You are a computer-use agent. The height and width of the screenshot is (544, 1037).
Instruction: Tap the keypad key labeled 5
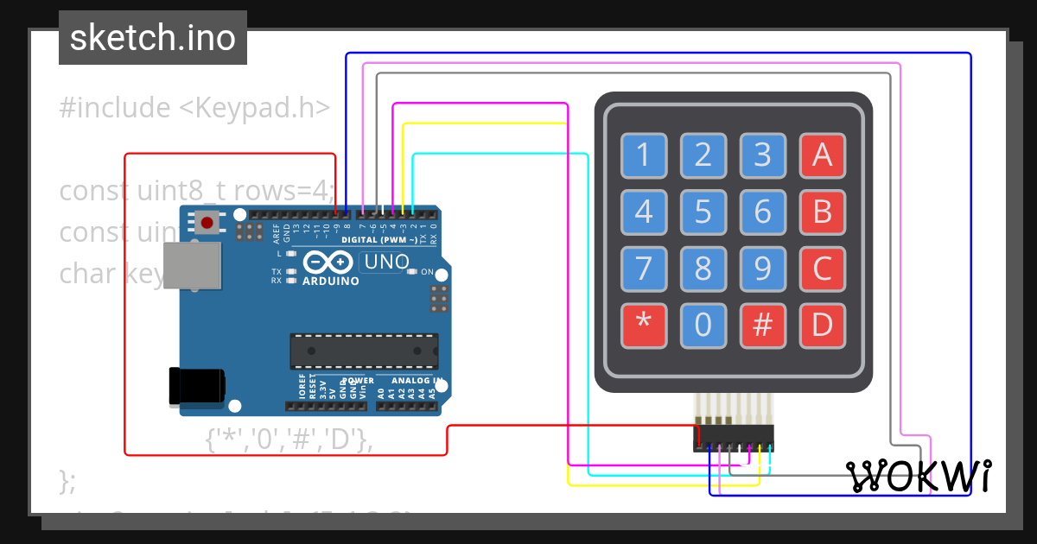point(703,212)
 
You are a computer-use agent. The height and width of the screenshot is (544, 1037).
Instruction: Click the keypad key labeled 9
point(762,270)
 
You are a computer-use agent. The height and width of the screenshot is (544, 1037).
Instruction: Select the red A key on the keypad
point(822,155)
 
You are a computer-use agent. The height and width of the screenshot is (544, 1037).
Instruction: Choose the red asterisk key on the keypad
point(644,326)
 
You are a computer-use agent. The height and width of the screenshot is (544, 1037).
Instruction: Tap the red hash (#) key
point(762,326)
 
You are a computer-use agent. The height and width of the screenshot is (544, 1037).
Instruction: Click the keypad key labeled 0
point(703,326)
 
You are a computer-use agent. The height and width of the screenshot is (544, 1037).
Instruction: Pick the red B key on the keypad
point(822,212)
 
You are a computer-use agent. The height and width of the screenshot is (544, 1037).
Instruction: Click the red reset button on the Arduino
point(207,223)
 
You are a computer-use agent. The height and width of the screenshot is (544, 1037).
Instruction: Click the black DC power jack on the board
point(197,384)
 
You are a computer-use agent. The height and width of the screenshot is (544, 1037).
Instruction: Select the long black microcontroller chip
point(363,350)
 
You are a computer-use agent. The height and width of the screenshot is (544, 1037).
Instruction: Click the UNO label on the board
point(385,262)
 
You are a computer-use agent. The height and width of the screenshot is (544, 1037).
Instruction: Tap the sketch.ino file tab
point(153,38)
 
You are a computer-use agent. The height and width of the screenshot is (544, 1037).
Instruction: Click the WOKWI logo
point(919,476)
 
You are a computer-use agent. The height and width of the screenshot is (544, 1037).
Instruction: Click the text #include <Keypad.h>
point(195,108)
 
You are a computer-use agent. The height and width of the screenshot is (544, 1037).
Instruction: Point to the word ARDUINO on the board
point(331,281)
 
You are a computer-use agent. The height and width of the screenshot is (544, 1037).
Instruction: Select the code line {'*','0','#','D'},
point(289,440)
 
